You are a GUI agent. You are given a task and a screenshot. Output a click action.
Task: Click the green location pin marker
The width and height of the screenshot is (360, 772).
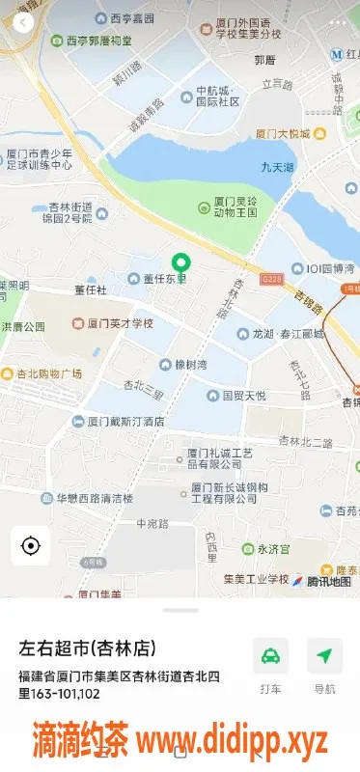pyautogui.click(x=180, y=262)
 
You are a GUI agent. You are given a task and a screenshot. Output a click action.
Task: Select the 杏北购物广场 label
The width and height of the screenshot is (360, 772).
pyautogui.click(x=48, y=373)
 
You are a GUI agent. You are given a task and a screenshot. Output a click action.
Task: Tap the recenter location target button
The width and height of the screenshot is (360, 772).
pyautogui.click(x=30, y=546)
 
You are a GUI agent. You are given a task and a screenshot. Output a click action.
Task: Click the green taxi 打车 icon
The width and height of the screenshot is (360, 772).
pyautogui.click(x=270, y=656)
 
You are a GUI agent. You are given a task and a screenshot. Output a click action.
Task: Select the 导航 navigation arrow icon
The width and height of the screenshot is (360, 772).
pyautogui.click(x=324, y=656)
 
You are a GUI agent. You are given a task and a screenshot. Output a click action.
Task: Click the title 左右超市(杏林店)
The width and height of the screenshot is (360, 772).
pyautogui.click(x=87, y=647)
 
